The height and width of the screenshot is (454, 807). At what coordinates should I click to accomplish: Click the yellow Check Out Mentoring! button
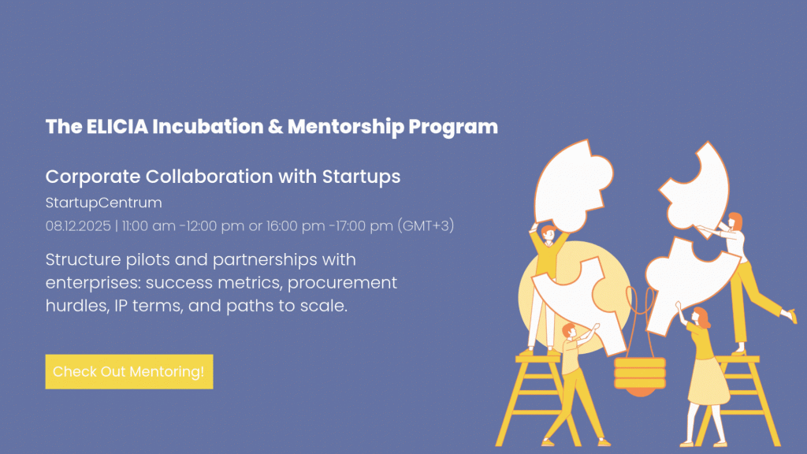(x=129, y=371)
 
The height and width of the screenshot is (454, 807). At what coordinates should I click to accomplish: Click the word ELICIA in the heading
(x=117, y=127)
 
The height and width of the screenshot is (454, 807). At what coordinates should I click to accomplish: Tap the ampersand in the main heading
(x=275, y=127)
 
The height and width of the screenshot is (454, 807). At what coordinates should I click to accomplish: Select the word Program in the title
(x=453, y=128)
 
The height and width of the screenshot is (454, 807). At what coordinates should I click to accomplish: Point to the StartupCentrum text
(x=103, y=203)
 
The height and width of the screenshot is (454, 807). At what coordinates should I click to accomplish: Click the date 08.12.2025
(x=78, y=226)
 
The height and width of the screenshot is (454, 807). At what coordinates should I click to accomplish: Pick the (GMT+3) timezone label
(x=426, y=225)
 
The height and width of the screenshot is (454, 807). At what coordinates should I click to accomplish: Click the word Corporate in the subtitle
(x=93, y=177)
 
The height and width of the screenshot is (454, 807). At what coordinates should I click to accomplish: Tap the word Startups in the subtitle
(x=361, y=177)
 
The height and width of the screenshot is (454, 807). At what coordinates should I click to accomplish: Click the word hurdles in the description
(x=77, y=306)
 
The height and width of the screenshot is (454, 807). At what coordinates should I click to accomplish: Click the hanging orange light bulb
(x=640, y=376)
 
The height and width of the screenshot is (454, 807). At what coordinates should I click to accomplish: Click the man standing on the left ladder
(x=545, y=288)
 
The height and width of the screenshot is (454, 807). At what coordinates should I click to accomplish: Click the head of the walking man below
(x=569, y=330)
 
